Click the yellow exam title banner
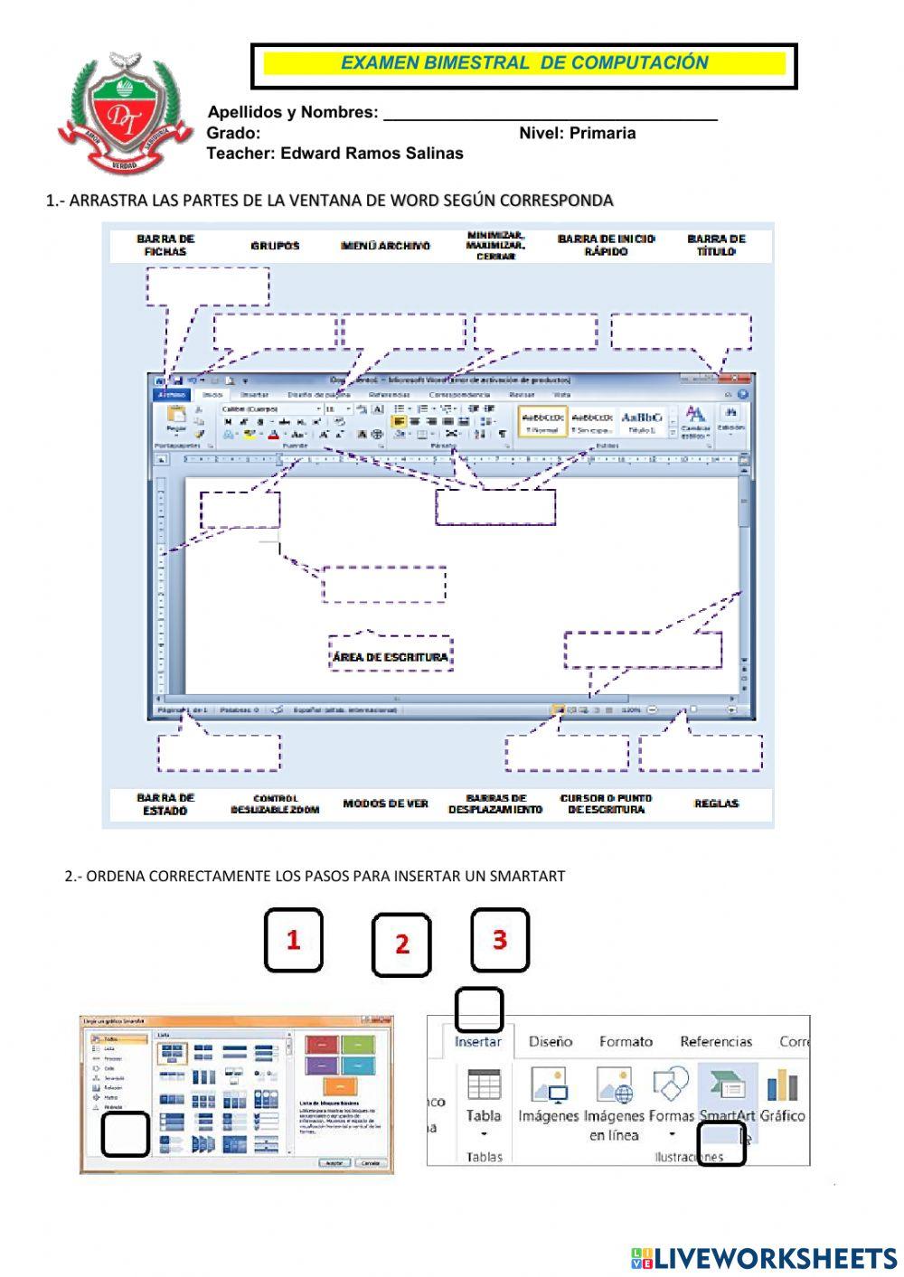point(524,63)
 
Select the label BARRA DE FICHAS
point(165,245)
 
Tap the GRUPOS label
point(275,246)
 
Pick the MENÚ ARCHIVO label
point(385,246)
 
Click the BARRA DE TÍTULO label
point(716,245)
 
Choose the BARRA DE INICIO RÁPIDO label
point(606,245)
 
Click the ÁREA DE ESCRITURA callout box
point(390,656)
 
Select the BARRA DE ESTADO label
point(165,803)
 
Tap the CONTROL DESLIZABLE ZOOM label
point(275,803)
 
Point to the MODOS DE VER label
point(385,803)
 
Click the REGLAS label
point(716,803)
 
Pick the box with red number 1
point(293,940)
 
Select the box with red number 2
point(401,944)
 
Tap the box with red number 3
point(500,940)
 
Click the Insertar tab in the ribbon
point(477,1041)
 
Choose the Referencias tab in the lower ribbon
point(716,1041)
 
